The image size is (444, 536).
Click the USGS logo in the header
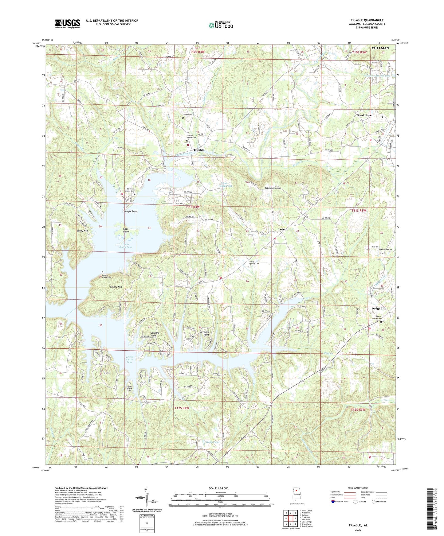(x=68, y=24)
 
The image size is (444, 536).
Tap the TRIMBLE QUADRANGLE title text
(x=367, y=20)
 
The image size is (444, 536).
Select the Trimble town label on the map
(x=198, y=150)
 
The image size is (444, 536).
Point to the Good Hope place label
(x=364, y=115)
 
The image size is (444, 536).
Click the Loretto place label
(x=283, y=230)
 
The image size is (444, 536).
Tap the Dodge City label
(x=379, y=309)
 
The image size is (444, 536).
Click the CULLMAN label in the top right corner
(x=380, y=48)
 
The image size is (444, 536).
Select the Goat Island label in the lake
(x=126, y=230)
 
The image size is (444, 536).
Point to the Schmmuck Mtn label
(x=273, y=188)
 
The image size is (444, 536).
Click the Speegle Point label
(x=130, y=212)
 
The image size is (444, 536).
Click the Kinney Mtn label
(x=116, y=287)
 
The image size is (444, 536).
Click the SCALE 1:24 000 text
(x=220, y=488)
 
